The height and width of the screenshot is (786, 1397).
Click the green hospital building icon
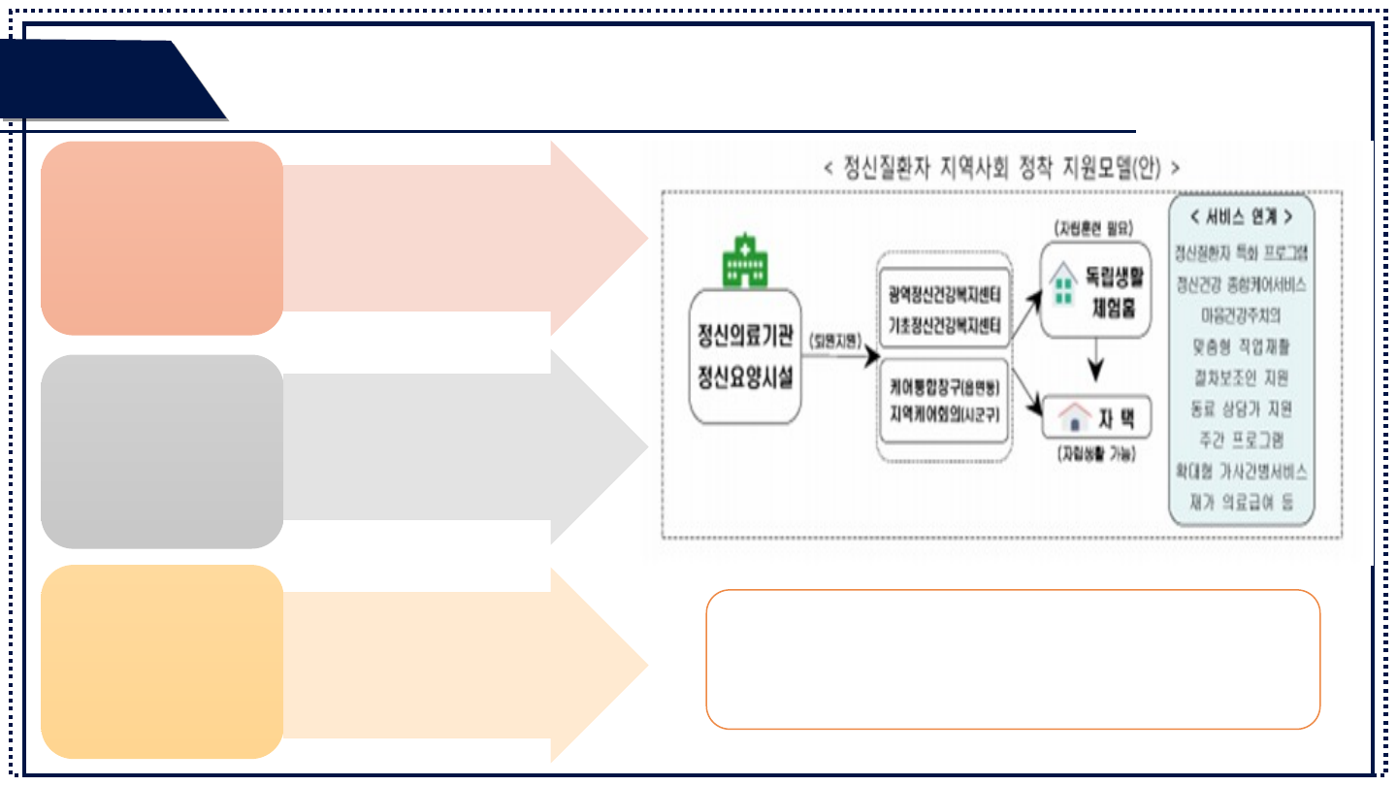click(744, 260)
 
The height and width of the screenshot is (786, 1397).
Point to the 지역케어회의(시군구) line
click(944, 411)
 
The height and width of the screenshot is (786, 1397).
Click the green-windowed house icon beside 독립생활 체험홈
click(1064, 282)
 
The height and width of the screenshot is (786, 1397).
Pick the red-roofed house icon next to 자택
click(1072, 418)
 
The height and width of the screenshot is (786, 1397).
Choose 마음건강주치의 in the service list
click(1241, 315)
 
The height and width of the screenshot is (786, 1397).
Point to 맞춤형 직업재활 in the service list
click(1241, 346)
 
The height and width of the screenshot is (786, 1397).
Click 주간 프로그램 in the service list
click(1241, 440)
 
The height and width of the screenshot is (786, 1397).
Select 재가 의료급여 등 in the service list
click(1241, 502)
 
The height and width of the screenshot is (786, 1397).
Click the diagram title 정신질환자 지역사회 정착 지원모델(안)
click(1001, 168)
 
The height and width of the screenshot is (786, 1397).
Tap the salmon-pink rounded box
click(162, 238)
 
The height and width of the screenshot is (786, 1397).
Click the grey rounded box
click(162, 451)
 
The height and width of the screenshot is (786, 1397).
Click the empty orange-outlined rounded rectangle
click(1012, 659)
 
